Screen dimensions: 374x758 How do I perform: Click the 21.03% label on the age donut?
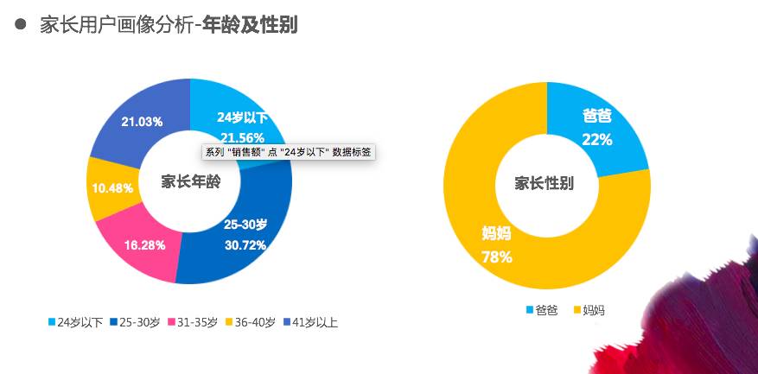(143, 122)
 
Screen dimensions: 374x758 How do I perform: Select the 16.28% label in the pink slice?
(144, 244)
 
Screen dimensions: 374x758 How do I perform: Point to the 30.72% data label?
(245, 244)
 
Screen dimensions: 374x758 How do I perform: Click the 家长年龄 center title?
(190, 181)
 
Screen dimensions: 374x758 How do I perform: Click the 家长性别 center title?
(545, 183)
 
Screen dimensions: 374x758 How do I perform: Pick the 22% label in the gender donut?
(597, 139)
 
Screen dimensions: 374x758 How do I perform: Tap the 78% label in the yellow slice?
(498, 257)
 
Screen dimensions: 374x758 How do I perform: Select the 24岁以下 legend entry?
(76, 323)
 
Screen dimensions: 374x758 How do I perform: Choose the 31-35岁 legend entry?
(192, 323)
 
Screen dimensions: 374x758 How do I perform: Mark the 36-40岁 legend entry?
(250, 323)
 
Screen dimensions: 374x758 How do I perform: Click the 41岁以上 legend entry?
(309, 323)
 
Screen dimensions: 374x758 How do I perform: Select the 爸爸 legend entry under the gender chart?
(542, 310)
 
